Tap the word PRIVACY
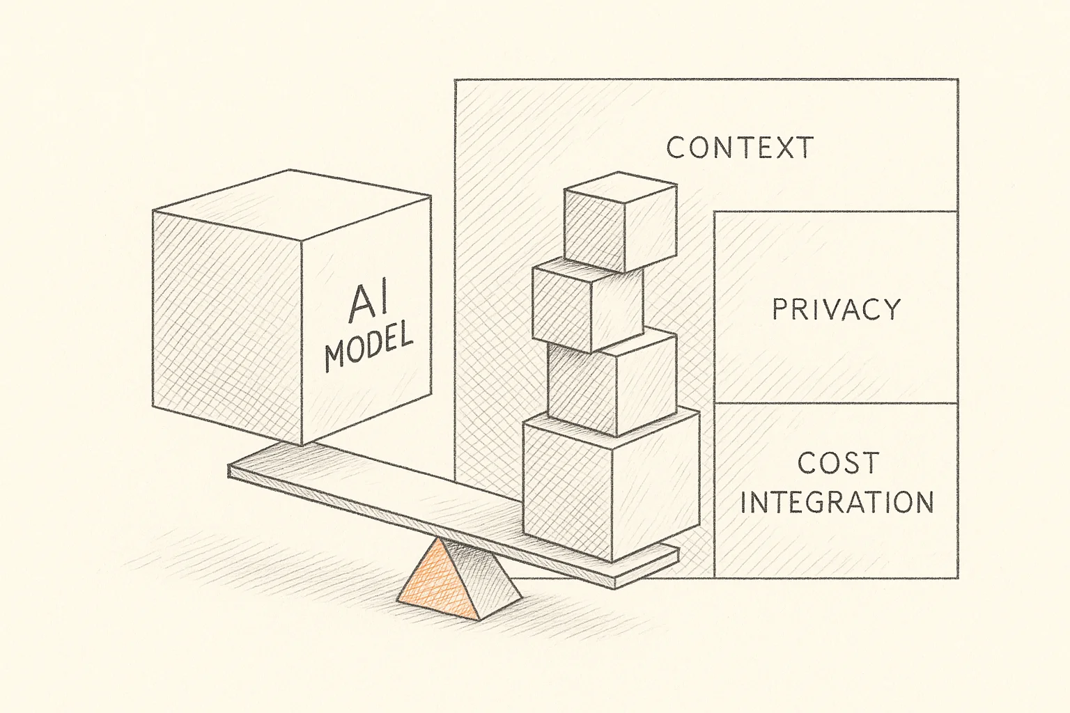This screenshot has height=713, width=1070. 837,309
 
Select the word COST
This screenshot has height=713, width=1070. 838,462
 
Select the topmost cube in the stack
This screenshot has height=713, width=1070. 620,221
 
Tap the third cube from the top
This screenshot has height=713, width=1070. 612,383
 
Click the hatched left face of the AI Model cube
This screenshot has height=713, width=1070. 228,328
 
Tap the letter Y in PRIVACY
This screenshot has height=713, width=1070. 890,309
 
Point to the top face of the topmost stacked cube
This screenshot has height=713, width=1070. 621,185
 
